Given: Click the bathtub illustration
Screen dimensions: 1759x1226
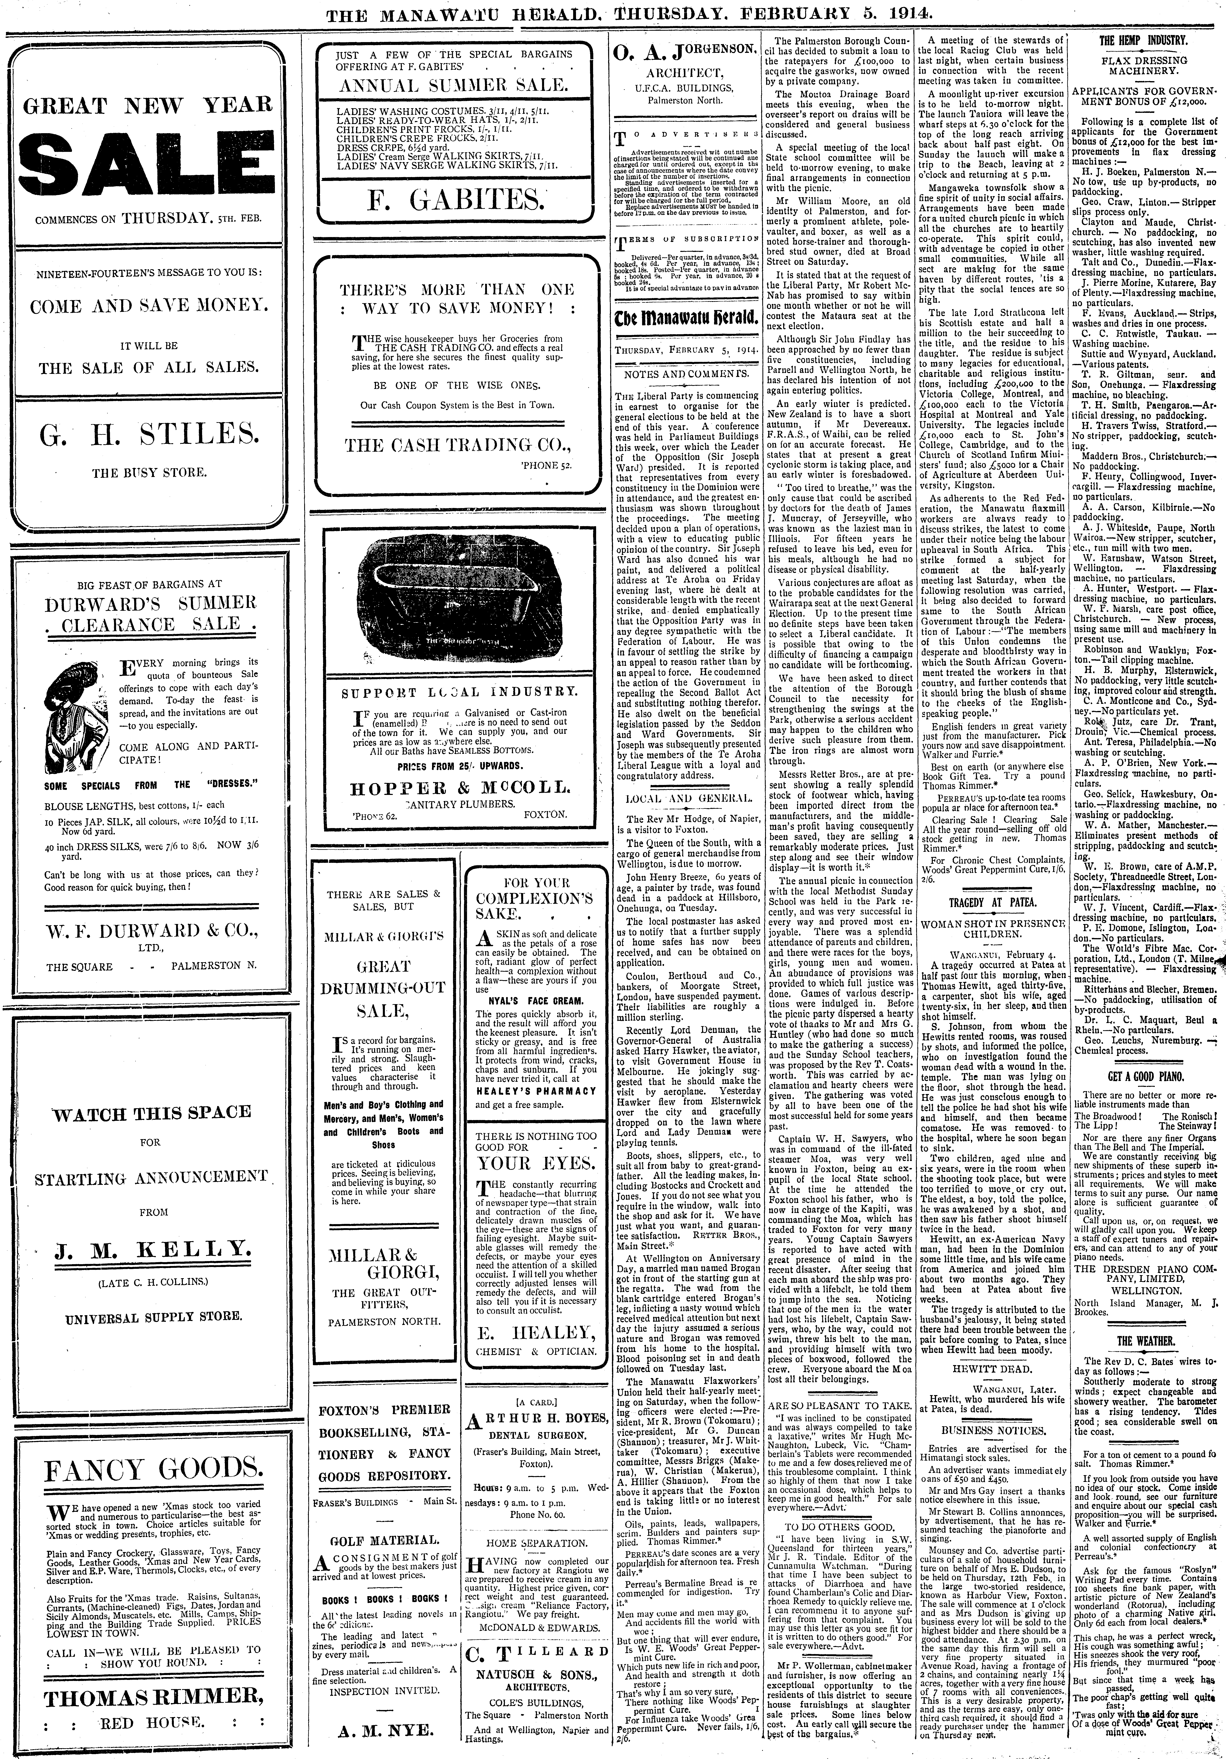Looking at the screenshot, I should (458, 605).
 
